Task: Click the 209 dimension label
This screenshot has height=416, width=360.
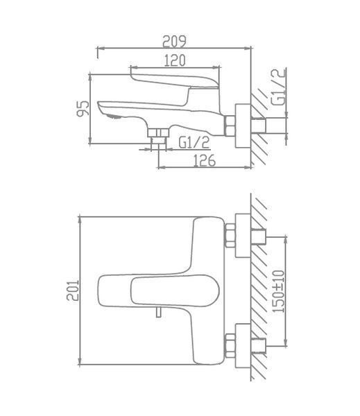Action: click(174, 42)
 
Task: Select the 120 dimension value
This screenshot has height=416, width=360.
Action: click(175, 61)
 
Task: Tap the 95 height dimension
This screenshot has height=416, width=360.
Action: click(83, 108)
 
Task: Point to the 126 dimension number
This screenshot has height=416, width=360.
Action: click(204, 161)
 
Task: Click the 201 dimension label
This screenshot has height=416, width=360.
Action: click(73, 291)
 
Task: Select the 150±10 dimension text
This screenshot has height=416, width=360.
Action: click(278, 291)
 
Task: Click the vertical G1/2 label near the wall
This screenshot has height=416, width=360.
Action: click(279, 87)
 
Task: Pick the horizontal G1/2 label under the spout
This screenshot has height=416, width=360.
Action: click(194, 142)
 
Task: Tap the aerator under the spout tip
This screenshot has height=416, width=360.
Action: click(114, 116)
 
